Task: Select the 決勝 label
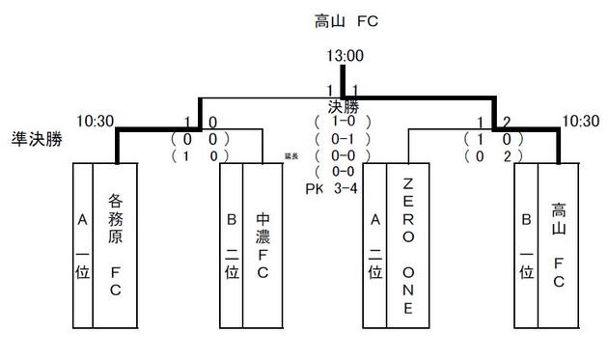point(343,107)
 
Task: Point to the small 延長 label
point(290,155)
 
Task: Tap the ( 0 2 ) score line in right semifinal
point(492,155)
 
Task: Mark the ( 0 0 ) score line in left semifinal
point(200,139)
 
